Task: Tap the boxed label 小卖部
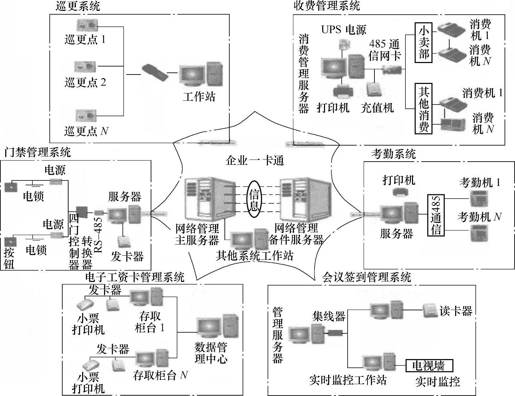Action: [x=423, y=42]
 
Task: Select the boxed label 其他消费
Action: [x=423, y=109]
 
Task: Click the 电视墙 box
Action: [x=430, y=366]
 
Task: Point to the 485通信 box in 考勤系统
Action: [x=436, y=215]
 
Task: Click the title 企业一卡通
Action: [x=255, y=161]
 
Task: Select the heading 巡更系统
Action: [x=78, y=6]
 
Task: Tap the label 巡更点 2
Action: [x=85, y=83]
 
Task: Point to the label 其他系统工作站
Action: [x=254, y=256]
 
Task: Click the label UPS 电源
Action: [x=343, y=30]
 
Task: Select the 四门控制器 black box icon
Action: [x=82, y=211]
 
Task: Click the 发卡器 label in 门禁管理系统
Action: [x=127, y=257]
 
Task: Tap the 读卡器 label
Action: [x=456, y=311]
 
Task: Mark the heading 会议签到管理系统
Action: [x=367, y=277]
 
